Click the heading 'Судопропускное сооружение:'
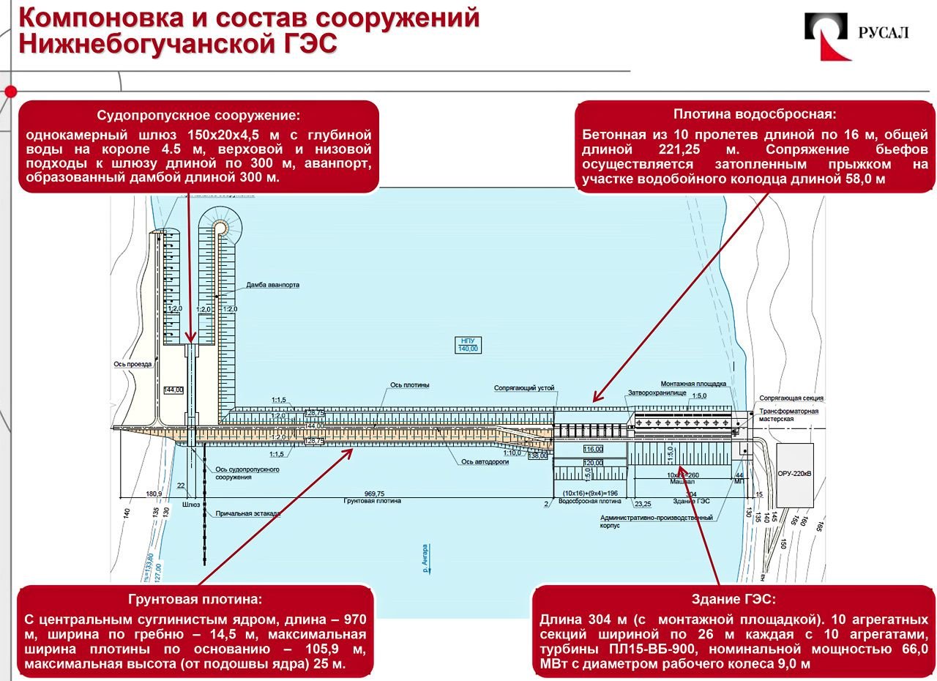pyautogui.click(x=198, y=116)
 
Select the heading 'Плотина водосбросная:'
pyautogui.click(x=754, y=114)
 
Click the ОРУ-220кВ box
pyautogui.click(x=794, y=474)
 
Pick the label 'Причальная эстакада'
pyautogui.click(x=247, y=514)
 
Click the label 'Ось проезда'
pyautogui.click(x=132, y=364)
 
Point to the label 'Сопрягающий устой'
pyautogui.click(x=524, y=387)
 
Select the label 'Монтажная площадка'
pyautogui.click(x=693, y=383)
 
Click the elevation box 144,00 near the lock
pyautogui.click(x=173, y=390)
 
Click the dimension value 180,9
pyautogui.click(x=154, y=494)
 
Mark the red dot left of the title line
pyautogui.click(x=10, y=92)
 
